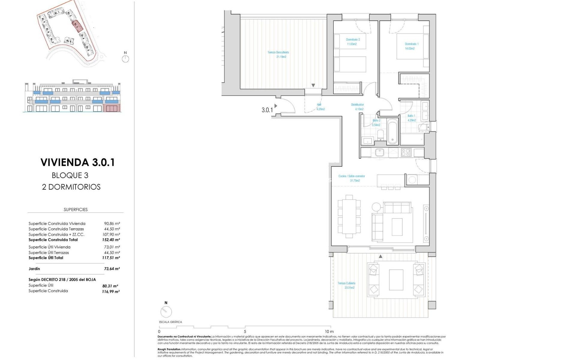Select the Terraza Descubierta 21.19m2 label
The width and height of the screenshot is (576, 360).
click(278, 54)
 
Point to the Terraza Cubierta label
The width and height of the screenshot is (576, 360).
click(346, 285)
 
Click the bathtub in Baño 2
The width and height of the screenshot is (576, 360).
click(392, 132)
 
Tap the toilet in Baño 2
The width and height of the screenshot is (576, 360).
click(380, 135)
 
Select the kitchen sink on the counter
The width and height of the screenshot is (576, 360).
click(379, 152)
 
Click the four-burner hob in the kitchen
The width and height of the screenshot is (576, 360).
click(406, 152)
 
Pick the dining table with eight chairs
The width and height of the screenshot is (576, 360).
click(349, 216)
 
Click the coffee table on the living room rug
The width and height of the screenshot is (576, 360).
click(397, 227)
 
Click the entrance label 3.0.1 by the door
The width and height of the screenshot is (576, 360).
click(267, 110)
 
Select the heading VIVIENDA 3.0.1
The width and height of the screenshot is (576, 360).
click(77, 162)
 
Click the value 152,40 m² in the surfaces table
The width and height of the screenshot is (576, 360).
click(111, 240)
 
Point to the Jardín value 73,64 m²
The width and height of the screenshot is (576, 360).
click(111, 269)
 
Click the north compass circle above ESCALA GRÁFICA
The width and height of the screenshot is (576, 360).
click(166, 312)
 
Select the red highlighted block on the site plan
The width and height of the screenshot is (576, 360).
click(76, 25)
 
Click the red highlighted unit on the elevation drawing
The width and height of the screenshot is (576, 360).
click(112, 108)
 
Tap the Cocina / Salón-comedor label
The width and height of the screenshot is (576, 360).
click(352, 178)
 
